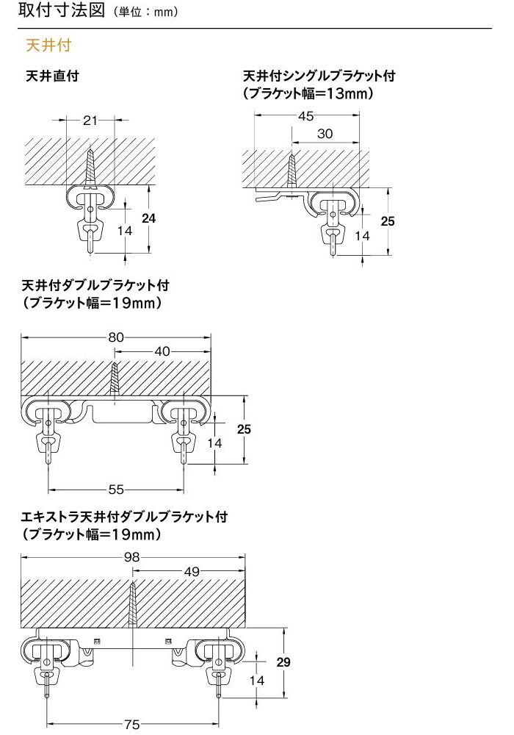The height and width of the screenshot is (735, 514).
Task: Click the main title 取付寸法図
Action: click(62, 10)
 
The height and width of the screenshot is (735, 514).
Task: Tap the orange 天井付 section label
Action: click(48, 46)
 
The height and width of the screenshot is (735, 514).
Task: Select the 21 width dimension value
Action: click(90, 121)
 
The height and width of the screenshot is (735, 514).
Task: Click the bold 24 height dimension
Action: click(148, 218)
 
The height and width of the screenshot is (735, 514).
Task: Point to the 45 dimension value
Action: click(305, 116)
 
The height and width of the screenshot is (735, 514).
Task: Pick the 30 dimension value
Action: click(325, 134)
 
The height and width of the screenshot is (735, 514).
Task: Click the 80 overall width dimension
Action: click(116, 337)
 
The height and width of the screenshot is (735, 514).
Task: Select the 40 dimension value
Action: click(162, 351)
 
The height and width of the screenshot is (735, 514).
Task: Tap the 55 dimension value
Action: click(116, 490)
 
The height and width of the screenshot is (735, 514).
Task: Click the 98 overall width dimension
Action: click(132, 556)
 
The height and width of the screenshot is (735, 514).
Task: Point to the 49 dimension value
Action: click(192, 571)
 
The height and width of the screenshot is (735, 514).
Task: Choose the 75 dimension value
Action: click(132, 725)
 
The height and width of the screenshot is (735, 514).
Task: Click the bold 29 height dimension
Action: click(283, 662)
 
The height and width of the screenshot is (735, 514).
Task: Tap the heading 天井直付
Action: click(53, 76)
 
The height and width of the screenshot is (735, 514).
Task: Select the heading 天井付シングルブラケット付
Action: click(319, 76)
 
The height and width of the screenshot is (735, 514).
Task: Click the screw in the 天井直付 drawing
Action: click(90, 168)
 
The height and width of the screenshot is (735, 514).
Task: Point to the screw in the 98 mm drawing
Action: click(133, 606)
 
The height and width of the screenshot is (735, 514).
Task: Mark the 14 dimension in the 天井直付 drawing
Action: click(125, 231)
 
